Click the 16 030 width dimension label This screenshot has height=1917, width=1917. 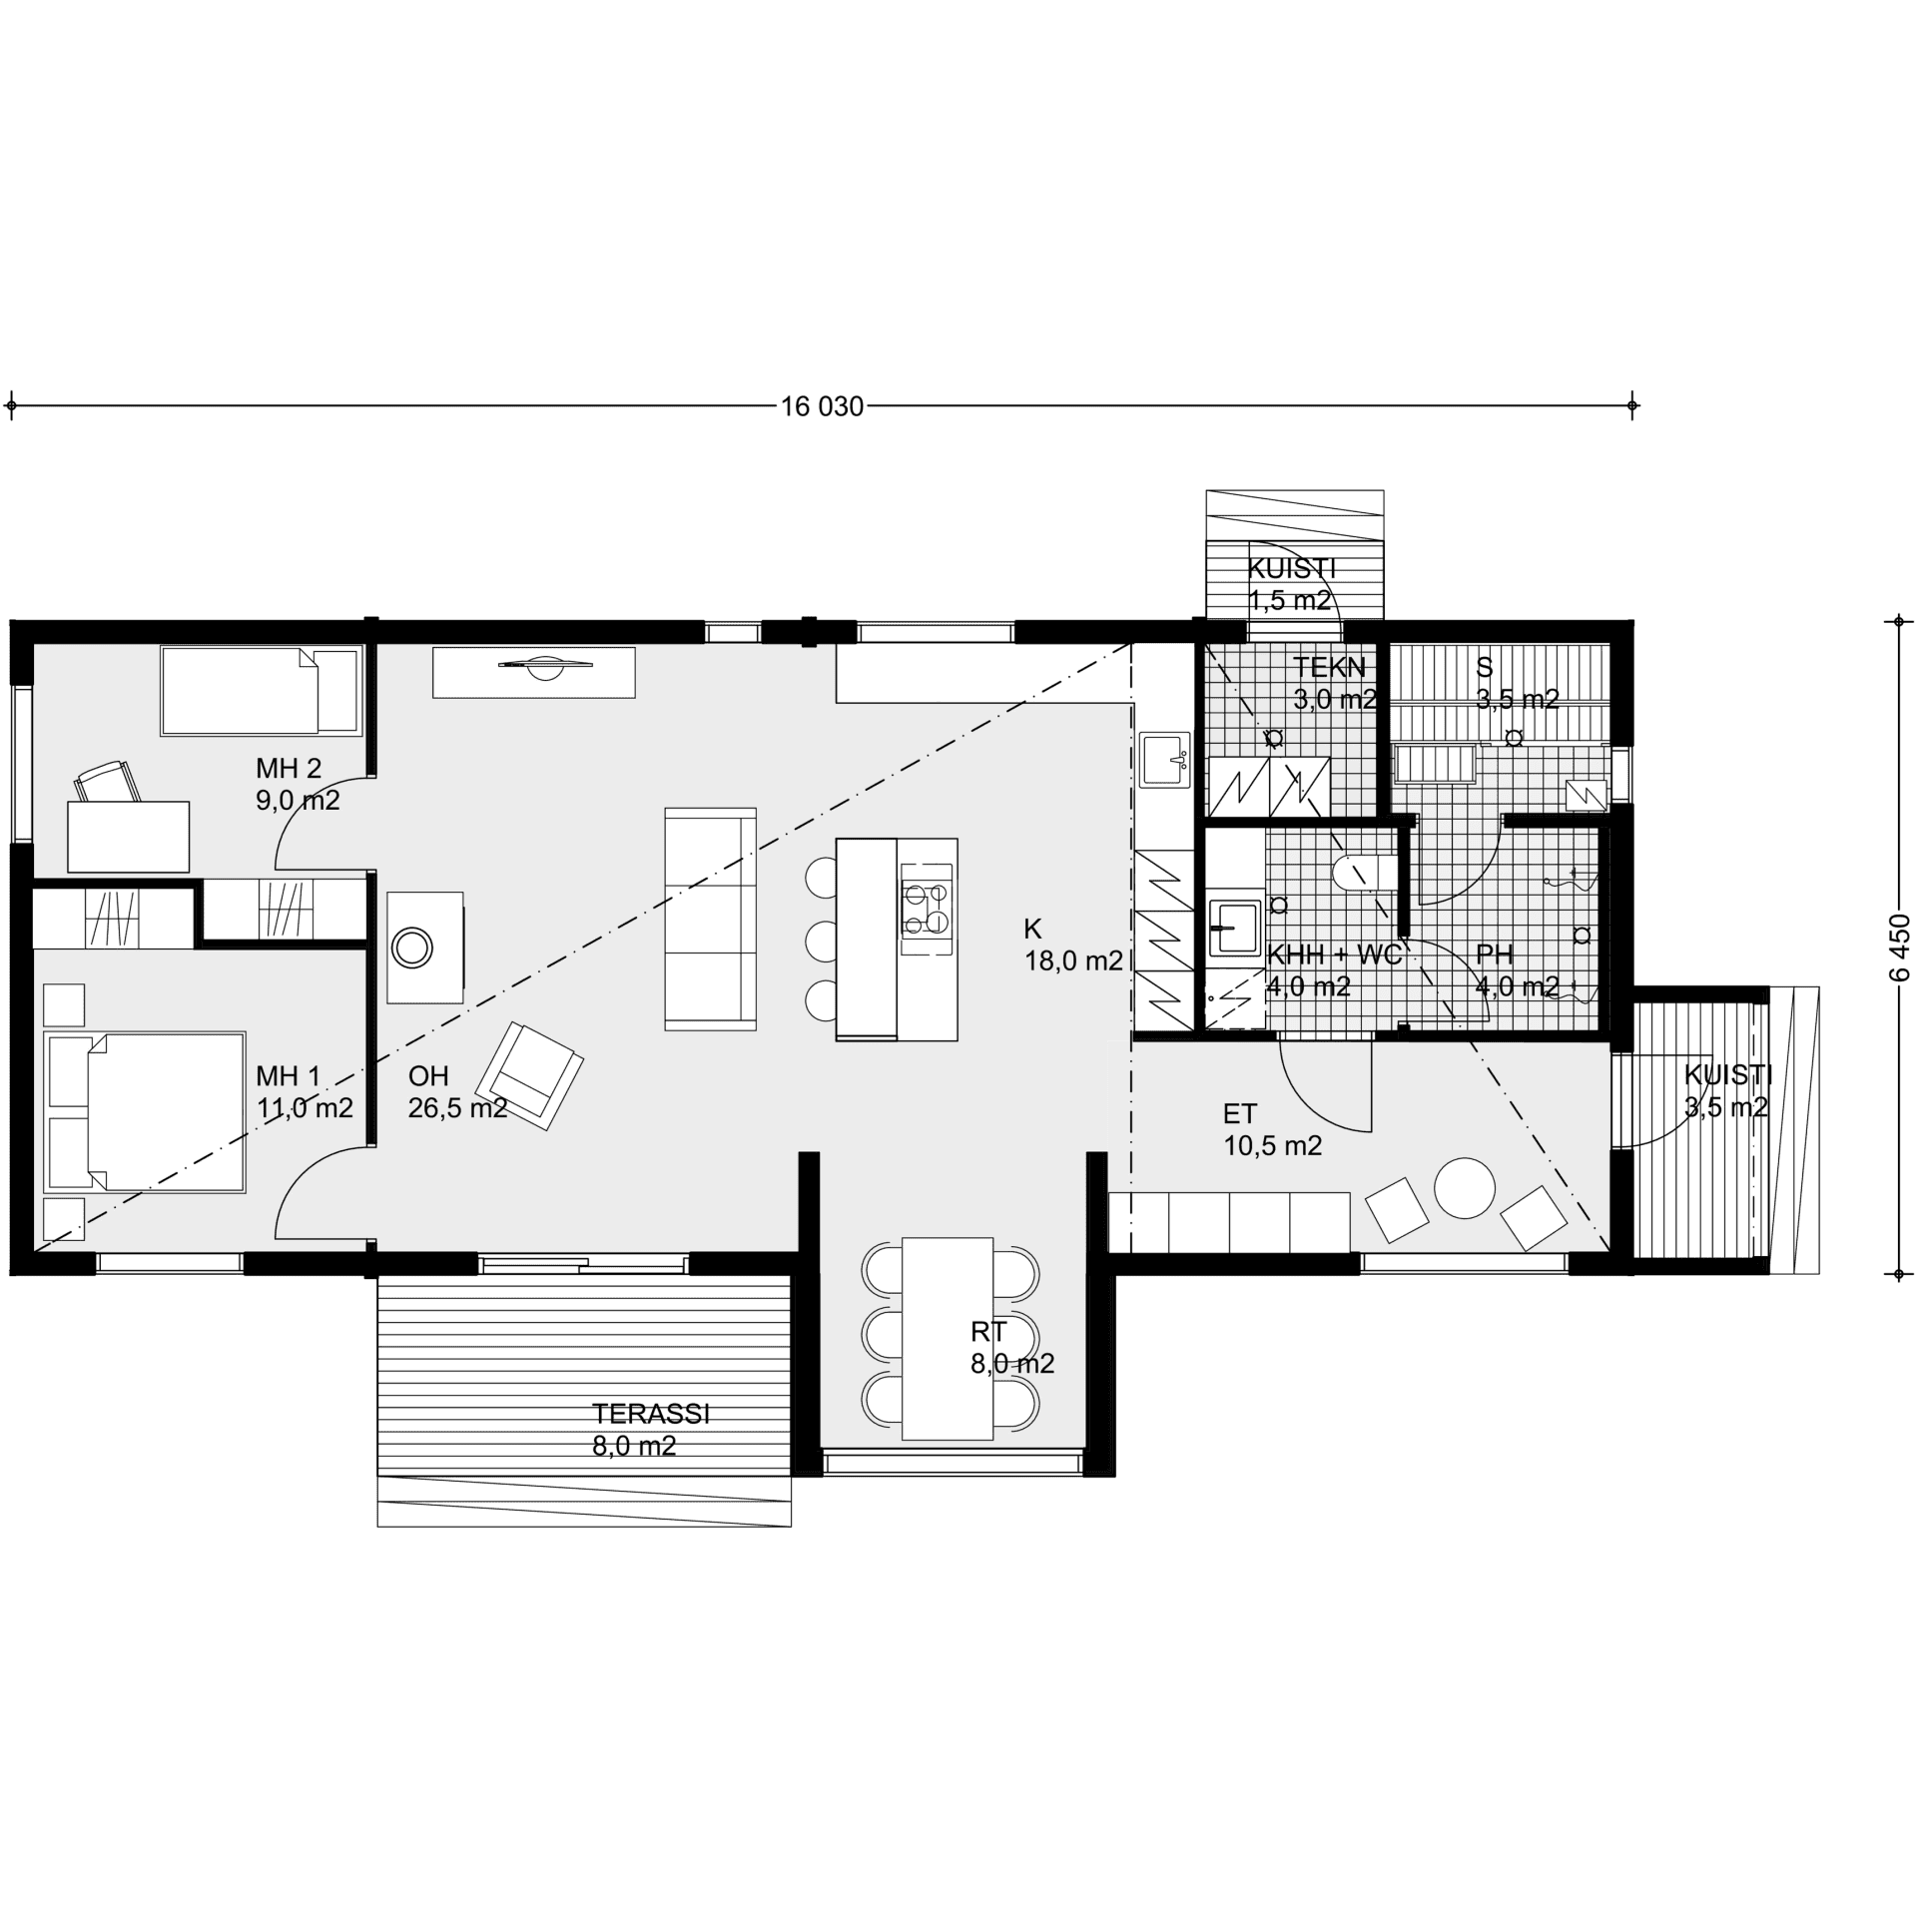coord(822,406)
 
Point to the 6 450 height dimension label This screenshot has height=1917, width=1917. coord(1899,950)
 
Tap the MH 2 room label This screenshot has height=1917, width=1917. coord(289,768)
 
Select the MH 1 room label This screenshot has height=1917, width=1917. coord(289,1075)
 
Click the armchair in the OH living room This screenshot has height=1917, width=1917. coord(529,1075)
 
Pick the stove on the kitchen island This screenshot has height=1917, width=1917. coord(927,910)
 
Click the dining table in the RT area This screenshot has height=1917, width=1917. coord(947,1338)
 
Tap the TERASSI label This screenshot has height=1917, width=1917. coord(651,1414)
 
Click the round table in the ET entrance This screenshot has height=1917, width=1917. coord(1465,1187)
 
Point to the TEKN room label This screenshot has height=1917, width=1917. coord(1329,667)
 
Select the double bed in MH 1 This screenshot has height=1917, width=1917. coord(145,1112)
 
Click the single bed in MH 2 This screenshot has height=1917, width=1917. coord(261,691)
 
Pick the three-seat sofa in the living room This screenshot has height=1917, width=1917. coord(711,919)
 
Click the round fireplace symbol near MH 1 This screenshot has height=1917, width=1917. coord(411,947)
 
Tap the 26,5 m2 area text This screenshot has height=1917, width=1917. coord(458,1107)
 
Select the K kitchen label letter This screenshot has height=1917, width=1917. coord(1032,929)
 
